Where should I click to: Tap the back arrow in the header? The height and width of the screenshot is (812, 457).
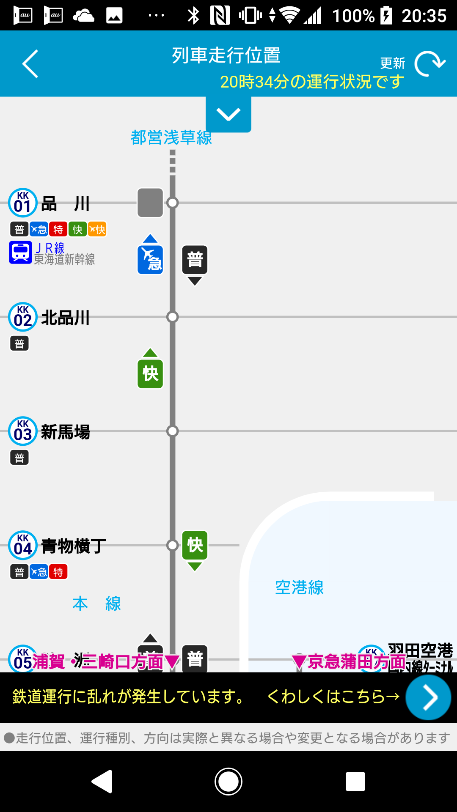point(30,64)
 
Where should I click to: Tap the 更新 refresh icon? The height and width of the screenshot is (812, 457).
point(429,64)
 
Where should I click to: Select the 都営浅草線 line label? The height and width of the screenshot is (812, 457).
point(171,138)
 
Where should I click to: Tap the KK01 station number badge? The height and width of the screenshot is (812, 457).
point(23,203)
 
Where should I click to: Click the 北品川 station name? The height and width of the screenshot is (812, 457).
point(66,318)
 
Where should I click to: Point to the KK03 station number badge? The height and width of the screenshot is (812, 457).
point(23,431)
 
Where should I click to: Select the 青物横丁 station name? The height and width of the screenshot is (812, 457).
point(74,546)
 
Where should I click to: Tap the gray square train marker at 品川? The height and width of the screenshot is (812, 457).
point(150,203)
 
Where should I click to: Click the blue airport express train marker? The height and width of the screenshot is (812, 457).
point(150,259)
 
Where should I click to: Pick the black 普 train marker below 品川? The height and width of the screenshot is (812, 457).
point(195,259)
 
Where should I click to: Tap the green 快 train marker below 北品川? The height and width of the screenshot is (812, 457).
point(150,373)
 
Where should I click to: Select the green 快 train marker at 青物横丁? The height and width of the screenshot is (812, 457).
point(195,545)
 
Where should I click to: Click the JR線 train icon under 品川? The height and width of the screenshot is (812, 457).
point(21,252)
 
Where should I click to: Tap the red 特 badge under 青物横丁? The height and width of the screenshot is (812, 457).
point(58,572)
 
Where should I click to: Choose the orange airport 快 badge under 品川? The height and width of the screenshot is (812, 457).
point(97,230)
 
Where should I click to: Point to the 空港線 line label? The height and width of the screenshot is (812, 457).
point(299,587)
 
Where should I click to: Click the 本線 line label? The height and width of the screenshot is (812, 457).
point(96,604)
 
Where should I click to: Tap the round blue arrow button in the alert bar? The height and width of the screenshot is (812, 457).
point(428,697)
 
